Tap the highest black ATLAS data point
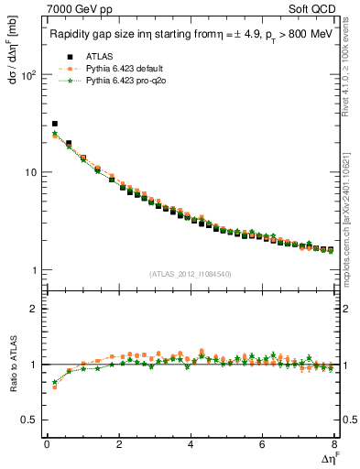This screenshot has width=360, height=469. point(55,124)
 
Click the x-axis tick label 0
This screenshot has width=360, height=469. point(47,445)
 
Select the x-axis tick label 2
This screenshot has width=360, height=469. point(119,445)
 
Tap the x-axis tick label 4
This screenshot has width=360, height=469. point(191,445)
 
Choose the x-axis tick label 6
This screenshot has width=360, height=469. point(263,445)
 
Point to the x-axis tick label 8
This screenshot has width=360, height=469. point(334,445)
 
